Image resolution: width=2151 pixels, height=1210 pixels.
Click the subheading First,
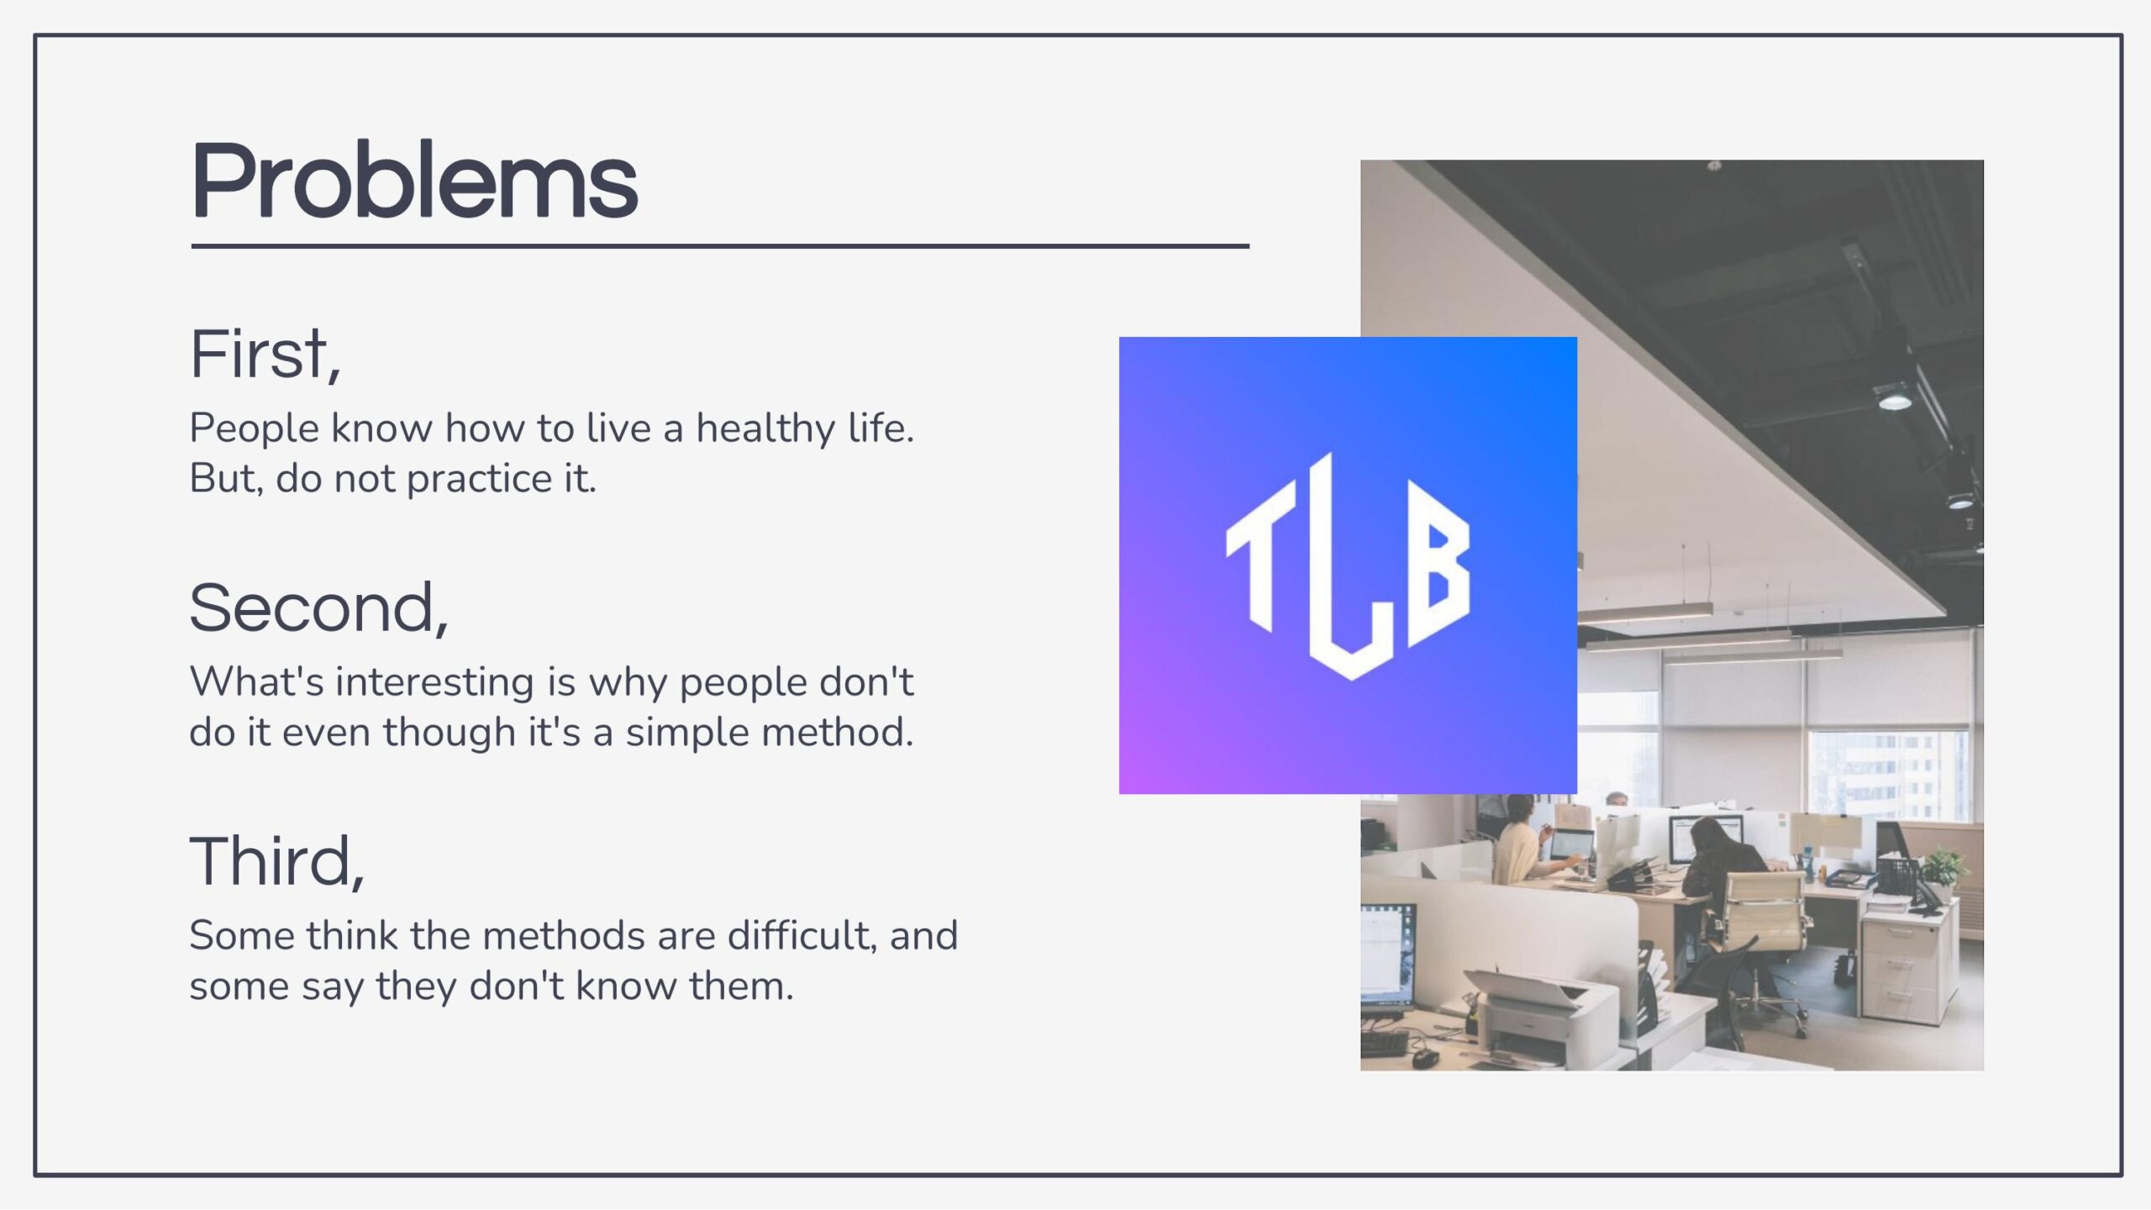click(266, 355)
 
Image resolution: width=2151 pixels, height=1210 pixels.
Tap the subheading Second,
click(319, 608)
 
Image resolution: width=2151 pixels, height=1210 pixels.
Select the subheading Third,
click(277, 861)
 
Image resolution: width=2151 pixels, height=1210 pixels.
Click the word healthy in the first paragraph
click(765, 429)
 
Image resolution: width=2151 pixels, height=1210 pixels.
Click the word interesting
click(434, 682)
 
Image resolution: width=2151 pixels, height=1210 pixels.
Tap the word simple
click(686, 733)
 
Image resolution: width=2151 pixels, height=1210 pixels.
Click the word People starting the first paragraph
click(255, 429)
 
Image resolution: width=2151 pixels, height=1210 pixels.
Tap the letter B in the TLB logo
click(1439, 563)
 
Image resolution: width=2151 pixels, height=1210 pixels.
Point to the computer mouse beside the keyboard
click(1423, 1056)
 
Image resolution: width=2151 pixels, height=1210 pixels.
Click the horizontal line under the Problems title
click(720, 246)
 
